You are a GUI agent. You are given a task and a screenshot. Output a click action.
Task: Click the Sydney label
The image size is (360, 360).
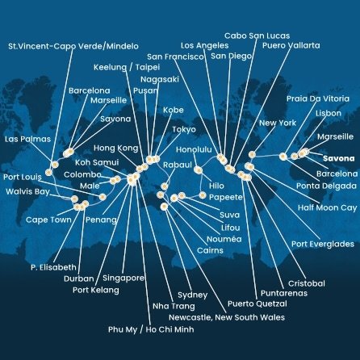192,295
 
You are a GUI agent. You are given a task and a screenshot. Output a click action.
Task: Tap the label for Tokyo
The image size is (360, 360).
184,129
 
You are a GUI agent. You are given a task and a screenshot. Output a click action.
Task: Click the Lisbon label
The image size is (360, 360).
335,114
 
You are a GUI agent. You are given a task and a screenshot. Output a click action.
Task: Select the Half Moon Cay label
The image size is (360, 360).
327,207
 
